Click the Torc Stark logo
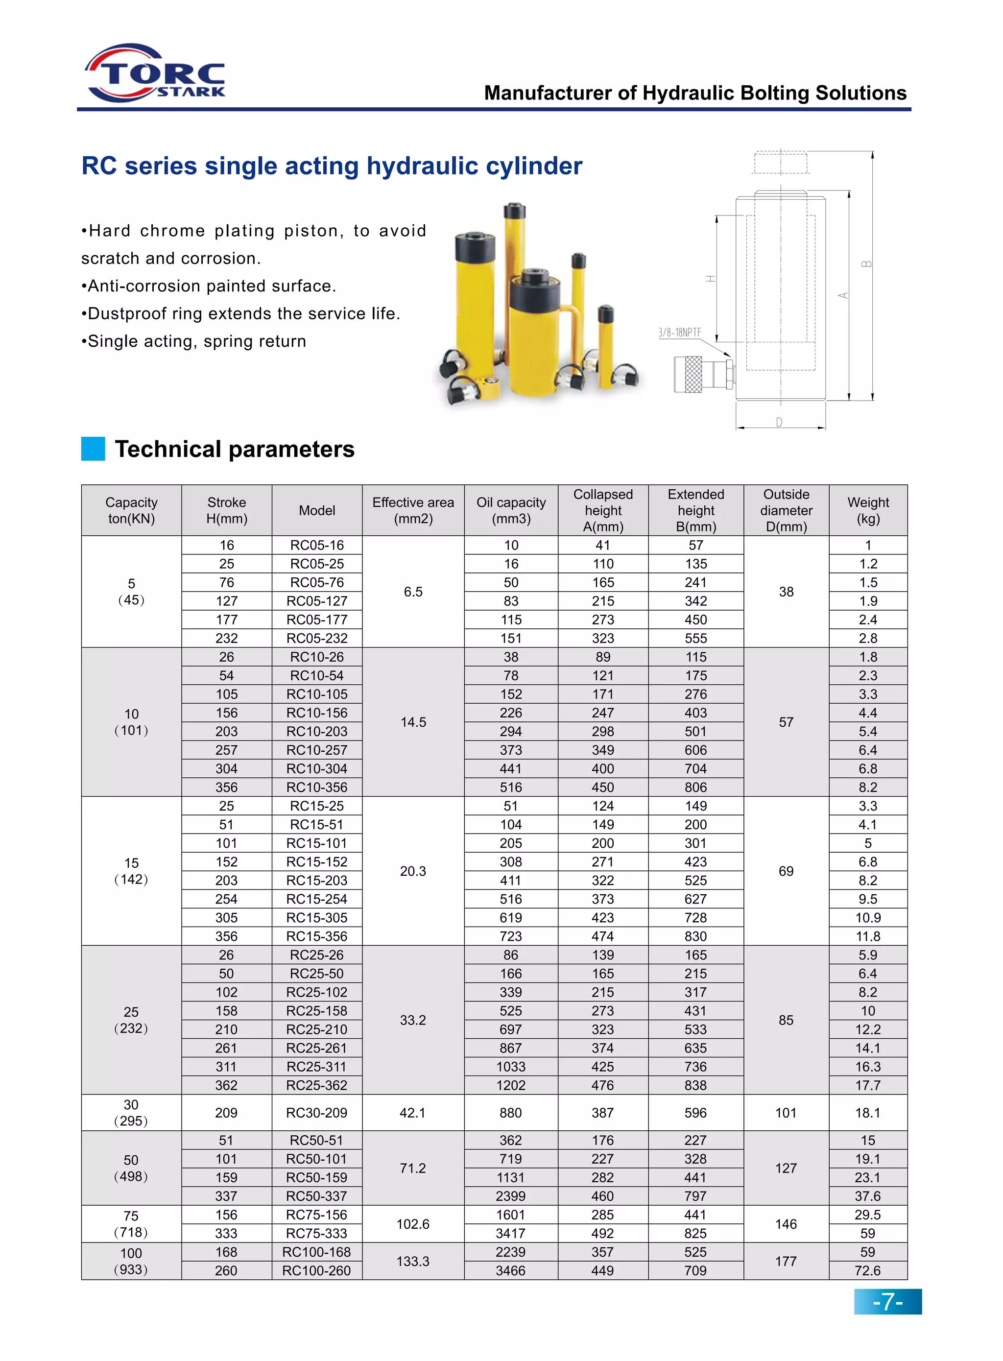(x=155, y=73)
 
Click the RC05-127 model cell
(x=317, y=601)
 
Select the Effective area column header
(x=413, y=510)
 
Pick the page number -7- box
(x=887, y=1302)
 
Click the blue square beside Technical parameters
(x=93, y=449)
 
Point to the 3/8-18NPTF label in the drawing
(x=679, y=332)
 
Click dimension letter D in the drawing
(x=779, y=422)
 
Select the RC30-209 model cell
(x=317, y=1113)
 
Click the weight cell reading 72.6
(x=868, y=1270)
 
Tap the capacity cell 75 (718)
(x=131, y=1224)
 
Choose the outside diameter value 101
(x=786, y=1113)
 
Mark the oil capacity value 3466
(x=511, y=1270)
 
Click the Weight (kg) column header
(x=868, y=510)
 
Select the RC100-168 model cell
(x=317, y=1252)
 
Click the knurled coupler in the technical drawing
(x=693, y=374)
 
